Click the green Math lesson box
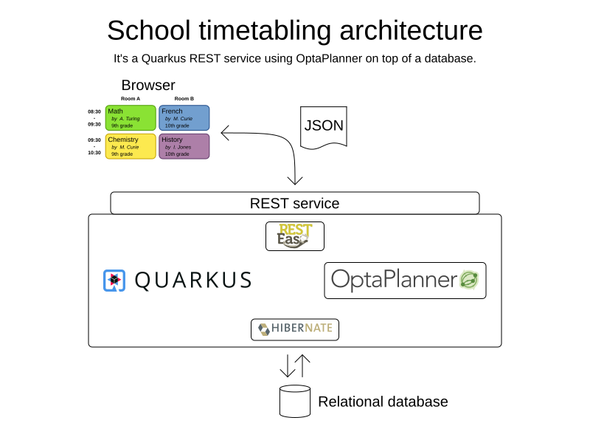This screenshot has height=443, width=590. click(x=131, y=117)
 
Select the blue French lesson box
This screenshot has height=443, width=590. click(x=184, y=117)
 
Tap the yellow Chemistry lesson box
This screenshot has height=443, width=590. click(x=131, y=146)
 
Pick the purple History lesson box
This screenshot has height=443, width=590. click(x=184, y=146)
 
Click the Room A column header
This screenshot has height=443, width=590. click(x=131, y=98)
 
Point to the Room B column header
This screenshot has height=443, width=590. click(x=184, y=98)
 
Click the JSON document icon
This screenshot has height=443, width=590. click(x=324, y=127)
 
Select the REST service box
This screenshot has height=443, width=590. click(x=294, y=203)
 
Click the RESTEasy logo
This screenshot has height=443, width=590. click(x=294, y=236)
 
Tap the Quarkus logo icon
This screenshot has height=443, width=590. click(x=114, y=281)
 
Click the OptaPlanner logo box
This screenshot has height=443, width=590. click(x=405, y=281)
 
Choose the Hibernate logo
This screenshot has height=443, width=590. click(x=294, y=329)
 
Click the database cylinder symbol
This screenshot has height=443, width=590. click(x=294, y=401)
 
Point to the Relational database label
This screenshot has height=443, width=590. click(x=383, y=402)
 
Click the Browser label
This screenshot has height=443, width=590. click(x=148, y=85)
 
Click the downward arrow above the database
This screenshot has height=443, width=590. click(x=288, y=366)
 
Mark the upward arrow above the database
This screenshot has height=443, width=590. click(x=302, y=365)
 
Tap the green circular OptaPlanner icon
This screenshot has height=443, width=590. click(x=469, y=281)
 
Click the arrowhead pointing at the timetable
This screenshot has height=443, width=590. click(x=225, y=133)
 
